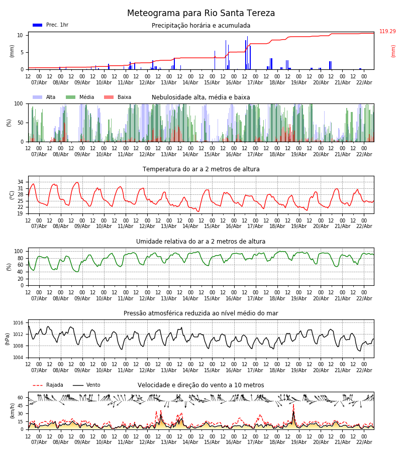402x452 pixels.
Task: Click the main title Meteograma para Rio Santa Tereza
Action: coord(201,14)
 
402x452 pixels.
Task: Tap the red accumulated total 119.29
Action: coord(387,32)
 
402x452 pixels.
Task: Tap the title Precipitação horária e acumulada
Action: coord(201,26)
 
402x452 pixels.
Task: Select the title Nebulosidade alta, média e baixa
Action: coord(201,97)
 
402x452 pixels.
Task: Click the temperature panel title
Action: coord(201,169)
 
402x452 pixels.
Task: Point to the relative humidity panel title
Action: coord(201,242)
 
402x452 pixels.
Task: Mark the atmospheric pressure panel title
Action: coord(201,313)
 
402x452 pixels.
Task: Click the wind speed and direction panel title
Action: coord(201,385)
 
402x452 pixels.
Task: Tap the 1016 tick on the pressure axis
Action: coord(18,323)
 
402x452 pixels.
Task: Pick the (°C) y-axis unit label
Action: coord(12,195)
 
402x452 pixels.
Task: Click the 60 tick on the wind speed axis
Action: coord(21,397)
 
